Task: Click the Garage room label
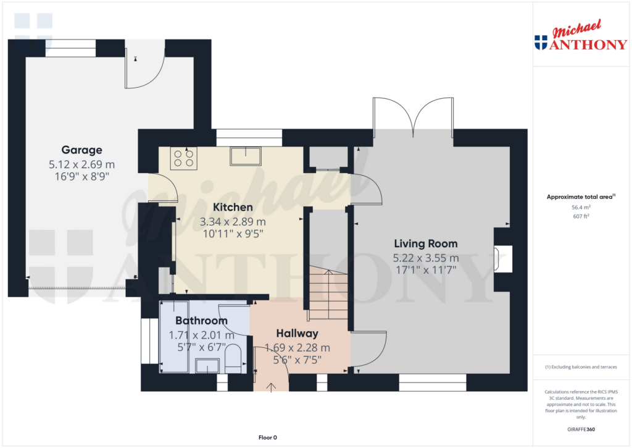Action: tap(81, 150)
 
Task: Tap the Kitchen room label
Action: tap(233, 207)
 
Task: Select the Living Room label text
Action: tap(426, 243)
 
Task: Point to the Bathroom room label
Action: tap(201, 321)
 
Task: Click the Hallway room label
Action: tap(297, 333)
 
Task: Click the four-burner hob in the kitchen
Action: tap(183, 159)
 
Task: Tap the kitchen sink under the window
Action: tap(245, 156)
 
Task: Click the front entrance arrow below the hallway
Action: tap(272, 386)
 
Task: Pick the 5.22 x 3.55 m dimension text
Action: tap(426, 258)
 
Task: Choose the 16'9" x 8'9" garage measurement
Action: tap(81, 177)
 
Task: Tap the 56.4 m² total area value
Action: tap(580, 208)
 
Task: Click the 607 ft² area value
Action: tap(580, 216)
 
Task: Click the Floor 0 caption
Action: tap(267, 437)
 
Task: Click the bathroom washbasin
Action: tap(207, 366)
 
